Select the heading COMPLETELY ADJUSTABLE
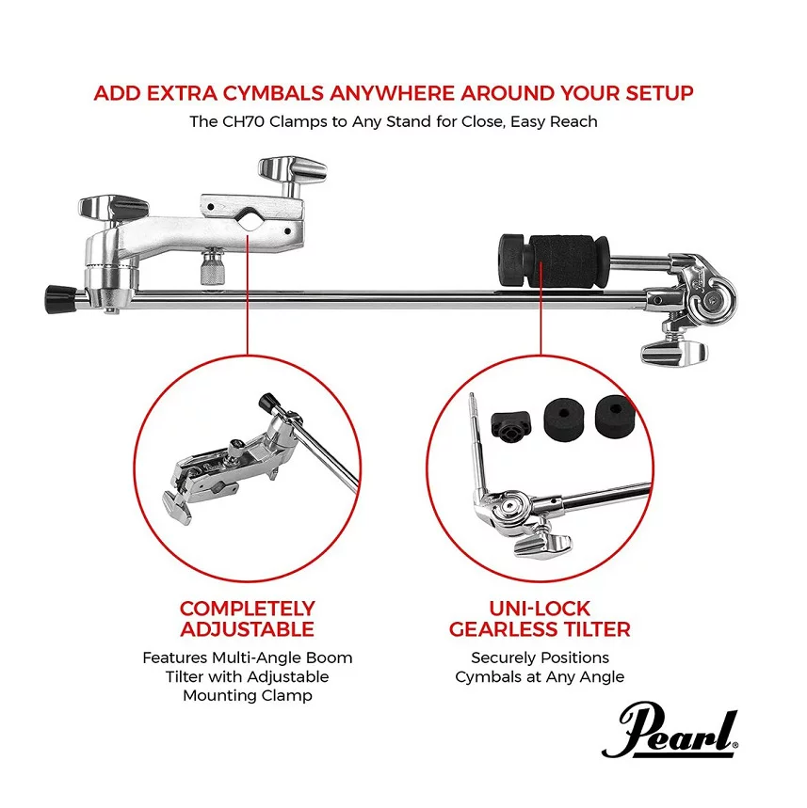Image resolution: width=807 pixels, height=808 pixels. [x=247, y=618]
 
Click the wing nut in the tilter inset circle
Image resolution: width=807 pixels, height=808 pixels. [x=543, y=547]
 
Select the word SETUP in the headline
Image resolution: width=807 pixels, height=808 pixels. [x=656, y=94]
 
